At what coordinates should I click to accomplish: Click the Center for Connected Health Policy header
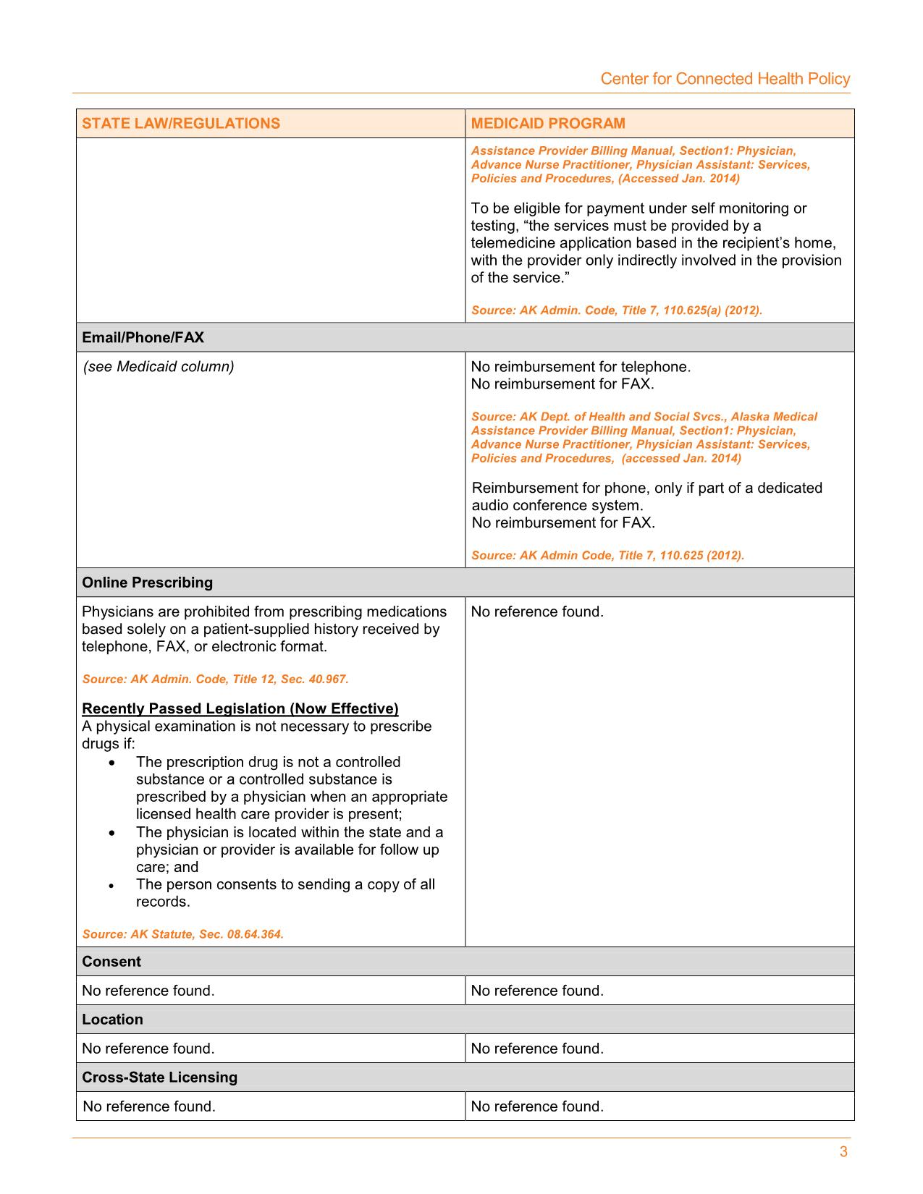point(725,79)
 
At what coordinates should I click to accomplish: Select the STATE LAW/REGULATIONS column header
point(181,123)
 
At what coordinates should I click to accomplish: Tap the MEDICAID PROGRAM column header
point(548,123)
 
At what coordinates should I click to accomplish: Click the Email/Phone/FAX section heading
point(143,338)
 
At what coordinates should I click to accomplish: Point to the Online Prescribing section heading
point(148,583)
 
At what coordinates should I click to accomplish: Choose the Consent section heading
point(111,962)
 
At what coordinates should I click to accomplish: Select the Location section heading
point(112,1020)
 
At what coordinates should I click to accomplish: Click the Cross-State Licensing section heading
point(160,1077)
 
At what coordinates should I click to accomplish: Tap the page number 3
point(843,1152)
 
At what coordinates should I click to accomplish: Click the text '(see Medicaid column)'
point(159,367)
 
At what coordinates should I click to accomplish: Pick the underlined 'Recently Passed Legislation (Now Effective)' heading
point(240,708)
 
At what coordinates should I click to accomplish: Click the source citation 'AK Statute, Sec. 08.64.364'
point(183,934)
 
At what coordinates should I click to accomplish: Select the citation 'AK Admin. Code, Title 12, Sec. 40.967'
point(216,679)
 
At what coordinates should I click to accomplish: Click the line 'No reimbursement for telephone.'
point(581,367)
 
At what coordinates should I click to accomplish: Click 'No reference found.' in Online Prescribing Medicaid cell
point(537,612)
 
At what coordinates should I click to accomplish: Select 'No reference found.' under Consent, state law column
point(148,991)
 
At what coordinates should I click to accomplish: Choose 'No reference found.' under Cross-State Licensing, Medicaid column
point(537,1106)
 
